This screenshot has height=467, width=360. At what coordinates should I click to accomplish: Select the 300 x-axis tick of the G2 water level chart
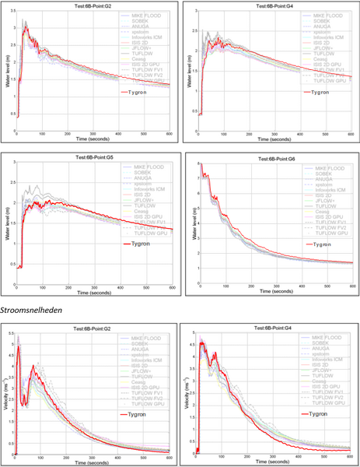point(93,134)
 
